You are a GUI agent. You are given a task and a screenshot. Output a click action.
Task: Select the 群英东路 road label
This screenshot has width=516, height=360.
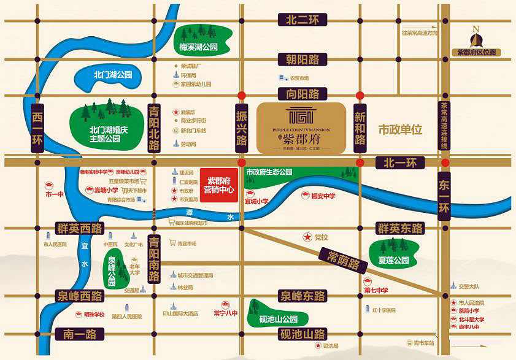400,229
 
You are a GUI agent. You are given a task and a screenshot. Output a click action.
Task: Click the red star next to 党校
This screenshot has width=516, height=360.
306,237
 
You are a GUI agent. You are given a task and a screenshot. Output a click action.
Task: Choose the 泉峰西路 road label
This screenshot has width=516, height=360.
78,296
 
